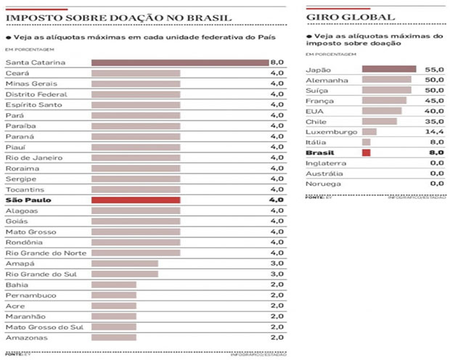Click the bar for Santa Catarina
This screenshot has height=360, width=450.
[x=179, y=63]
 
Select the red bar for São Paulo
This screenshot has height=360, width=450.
[x=136, y=200]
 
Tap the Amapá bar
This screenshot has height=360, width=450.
[x=125, y=263]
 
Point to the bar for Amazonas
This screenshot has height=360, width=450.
[x=113, y=337]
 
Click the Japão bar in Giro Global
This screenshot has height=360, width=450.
[x=388, y=70]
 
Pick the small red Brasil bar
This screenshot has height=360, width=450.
[x=366, y=153]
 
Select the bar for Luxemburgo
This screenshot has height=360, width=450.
[x=369, y=132]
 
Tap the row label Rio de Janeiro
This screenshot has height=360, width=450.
[x=33, y=157]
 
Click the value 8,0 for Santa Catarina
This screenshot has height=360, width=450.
[x=276, y=63]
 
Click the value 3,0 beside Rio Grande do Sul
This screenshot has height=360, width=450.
[x=276, y=274]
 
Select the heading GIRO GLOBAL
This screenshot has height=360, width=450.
[x=351, y=17]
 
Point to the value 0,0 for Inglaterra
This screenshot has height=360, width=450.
[x=436, y=163]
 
